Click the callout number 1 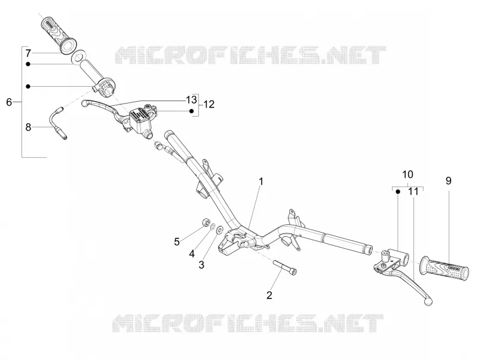click(261, 182)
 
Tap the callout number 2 click(269, 295)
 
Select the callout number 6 click(9, 102)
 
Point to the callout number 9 click(449, 181)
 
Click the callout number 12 click(209, 104)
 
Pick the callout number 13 click(191, 99)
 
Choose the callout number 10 click(408, 175)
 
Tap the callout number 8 click(28, 127)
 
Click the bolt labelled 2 click(286, 267)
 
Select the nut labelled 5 click(206, 221)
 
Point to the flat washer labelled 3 click(219, 230)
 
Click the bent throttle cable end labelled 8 click(58, 123)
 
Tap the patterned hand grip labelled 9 click(444, 269)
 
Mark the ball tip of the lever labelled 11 click(428, 302)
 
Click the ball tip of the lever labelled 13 click(85, 103)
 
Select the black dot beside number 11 click(398, 191)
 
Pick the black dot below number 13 click(191, 111)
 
